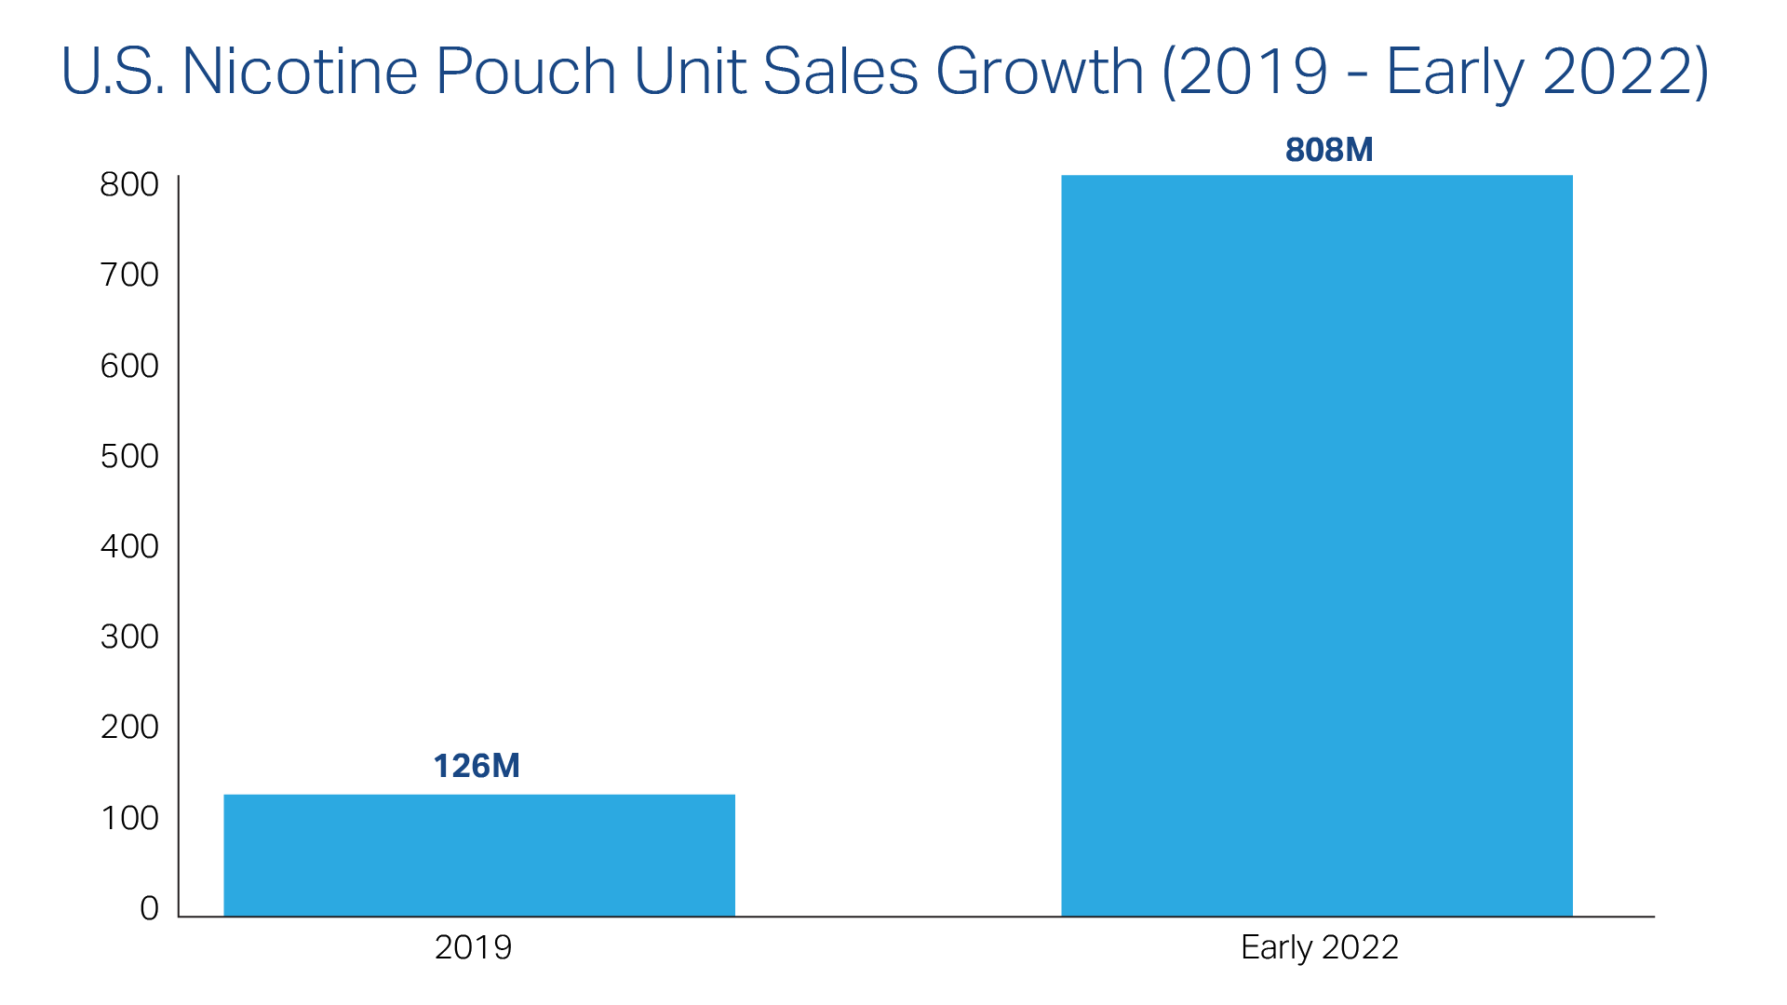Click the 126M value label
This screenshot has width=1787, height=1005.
(476, 766)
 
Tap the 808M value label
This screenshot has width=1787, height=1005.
(1328, 150)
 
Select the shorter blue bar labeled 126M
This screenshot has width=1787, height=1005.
(478, 854)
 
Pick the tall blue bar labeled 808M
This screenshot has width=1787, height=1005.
(1316, 545)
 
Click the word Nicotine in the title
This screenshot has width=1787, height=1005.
(299, 72)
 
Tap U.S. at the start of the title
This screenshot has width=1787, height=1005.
(113, 72)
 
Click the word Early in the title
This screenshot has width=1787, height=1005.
(1455, 72)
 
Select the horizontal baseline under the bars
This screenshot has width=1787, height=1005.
(916, 918)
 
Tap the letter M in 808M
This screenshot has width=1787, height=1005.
(1358, 150)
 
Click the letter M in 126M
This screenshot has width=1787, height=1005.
(504, 766)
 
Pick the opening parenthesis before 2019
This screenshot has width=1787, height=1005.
(1169, 72)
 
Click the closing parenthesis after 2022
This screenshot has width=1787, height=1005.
(1700, 72)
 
